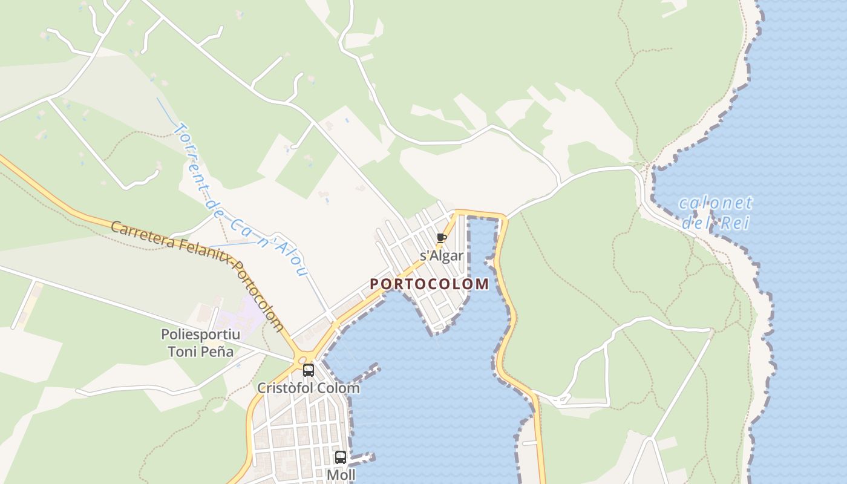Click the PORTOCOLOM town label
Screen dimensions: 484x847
[429, 284]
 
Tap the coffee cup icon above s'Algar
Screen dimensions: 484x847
[441, 238]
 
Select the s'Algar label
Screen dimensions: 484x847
[442, 256]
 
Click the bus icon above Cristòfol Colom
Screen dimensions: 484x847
[309, 370]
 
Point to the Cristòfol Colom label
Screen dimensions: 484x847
[309, 388]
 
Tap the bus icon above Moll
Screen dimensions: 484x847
[341, 457]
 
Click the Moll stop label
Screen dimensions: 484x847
[341, 475]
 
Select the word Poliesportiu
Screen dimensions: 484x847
[200, 335]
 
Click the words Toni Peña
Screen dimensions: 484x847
[200, 351]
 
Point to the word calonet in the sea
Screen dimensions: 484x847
[716, 203]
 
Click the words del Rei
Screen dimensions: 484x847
[716, 223]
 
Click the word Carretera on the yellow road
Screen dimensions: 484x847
[143, 235]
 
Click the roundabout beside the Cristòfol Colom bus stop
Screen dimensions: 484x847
[302, 360]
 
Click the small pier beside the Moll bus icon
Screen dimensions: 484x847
[363, 457]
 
